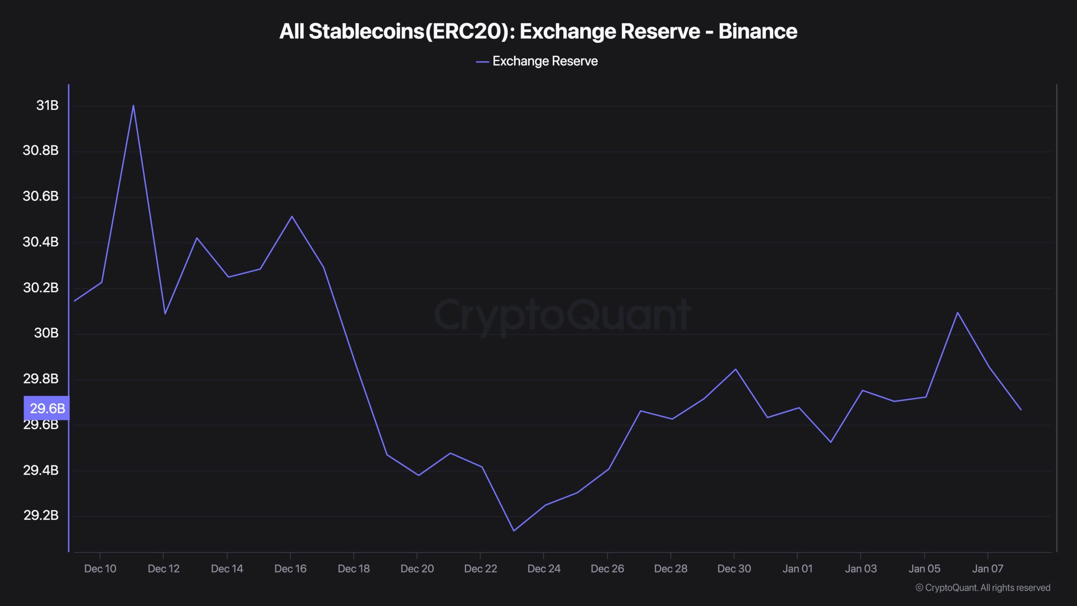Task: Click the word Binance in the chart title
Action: [757, 31]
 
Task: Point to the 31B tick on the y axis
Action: [47, 105]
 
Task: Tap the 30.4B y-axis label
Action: [40, 242]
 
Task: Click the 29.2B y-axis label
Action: [41, 515]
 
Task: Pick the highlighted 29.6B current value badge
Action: [47, 408]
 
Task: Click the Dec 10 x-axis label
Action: [100, 569]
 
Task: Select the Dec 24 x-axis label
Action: [544, 569]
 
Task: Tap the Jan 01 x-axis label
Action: [797, 569]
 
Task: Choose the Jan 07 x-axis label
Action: [987, 569]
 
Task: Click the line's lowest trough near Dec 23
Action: [514, 531]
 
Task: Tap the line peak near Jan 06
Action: [958, 312]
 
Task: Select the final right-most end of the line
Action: [1021, 409]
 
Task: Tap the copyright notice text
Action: [983, 587]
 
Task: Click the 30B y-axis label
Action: [46, 333]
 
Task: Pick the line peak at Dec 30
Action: [735, 369]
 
